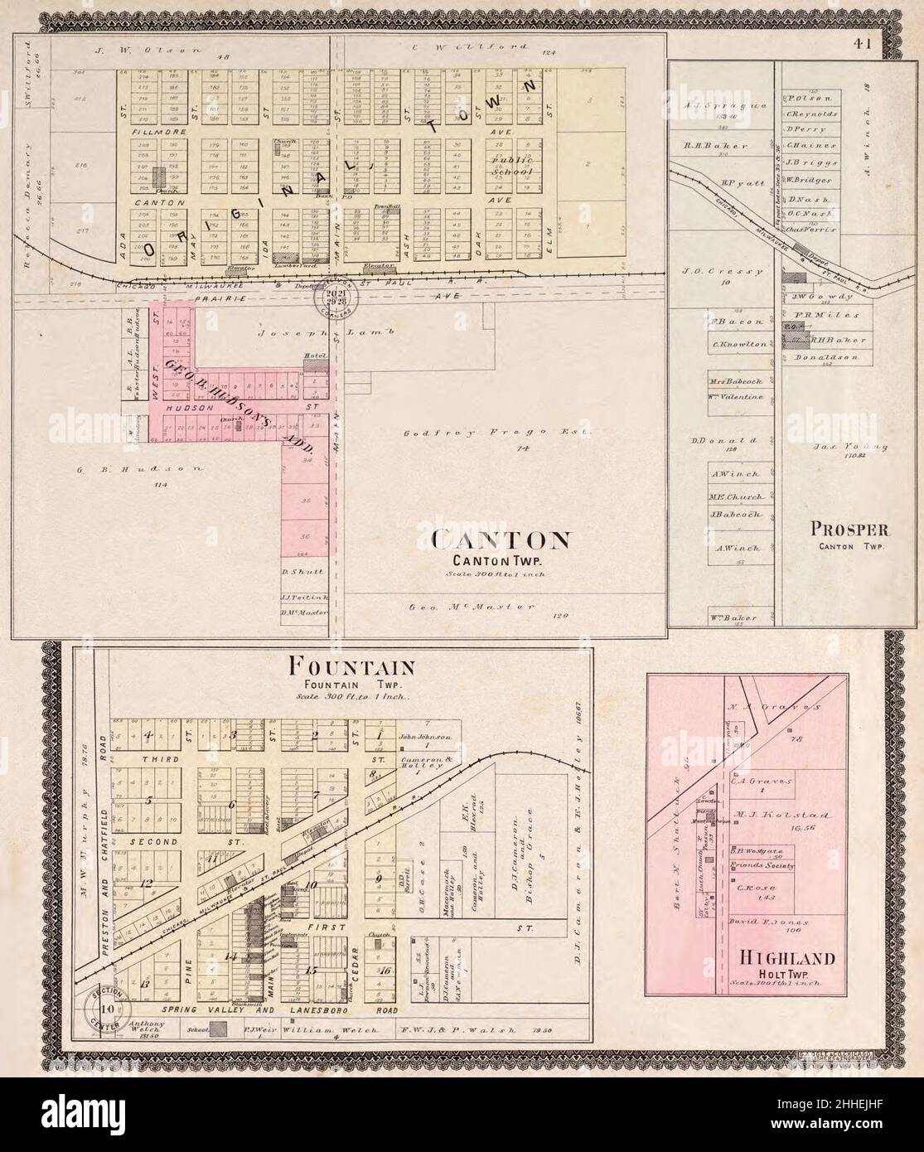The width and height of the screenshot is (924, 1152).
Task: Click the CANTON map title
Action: [x=500, y=540]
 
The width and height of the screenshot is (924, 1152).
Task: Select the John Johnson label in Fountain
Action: [x=426, y=736]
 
